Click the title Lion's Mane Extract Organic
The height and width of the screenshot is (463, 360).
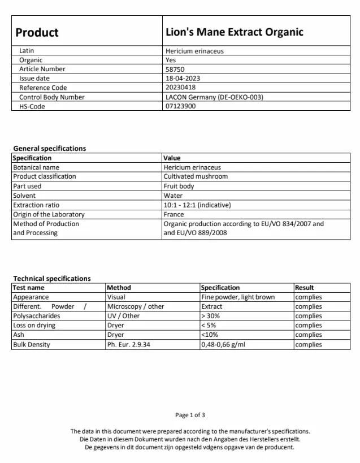pyautogui.click(x=234, y=32)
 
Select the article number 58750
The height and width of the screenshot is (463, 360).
pyautogui.click(x=175, y=69)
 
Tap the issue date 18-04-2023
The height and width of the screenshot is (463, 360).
pyautogui.click(x=183, y=79)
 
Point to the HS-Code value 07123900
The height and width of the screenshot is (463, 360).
pyautogui.click(x=180, y=106)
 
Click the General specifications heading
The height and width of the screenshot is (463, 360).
pyautogui.click(x=50, y=149)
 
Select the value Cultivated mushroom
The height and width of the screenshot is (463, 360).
pyautogui.click(x=196, y=176)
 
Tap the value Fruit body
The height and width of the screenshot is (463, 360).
pyautogui.click(x=179, y=186)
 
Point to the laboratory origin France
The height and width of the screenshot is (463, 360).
pyautogui.click(x=174, y=214)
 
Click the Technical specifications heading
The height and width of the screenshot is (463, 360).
pyautogui.click(x=51, y=279)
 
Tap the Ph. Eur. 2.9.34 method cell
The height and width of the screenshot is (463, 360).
pyautogui.click(x=128, y=344)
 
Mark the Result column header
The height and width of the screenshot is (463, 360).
pyautogui.click(x=305, y=288)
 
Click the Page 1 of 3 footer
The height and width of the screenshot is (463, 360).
pyautogui.click(x=190, y=416)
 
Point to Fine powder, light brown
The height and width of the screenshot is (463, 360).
pyautogui.click(x=238, y=297)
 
